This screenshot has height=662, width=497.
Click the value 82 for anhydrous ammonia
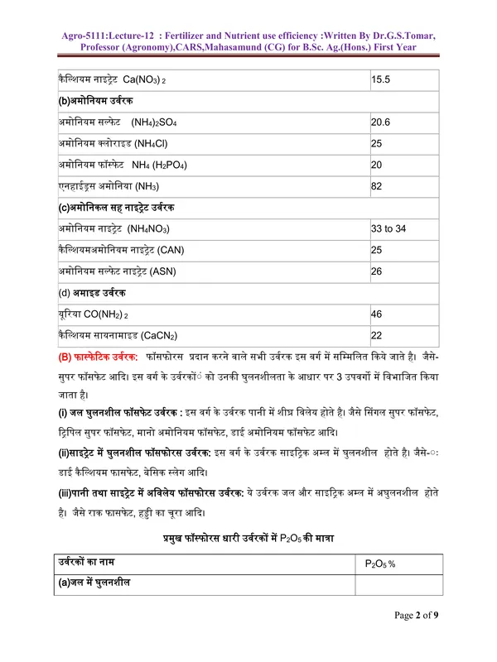[x=376, y=186]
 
